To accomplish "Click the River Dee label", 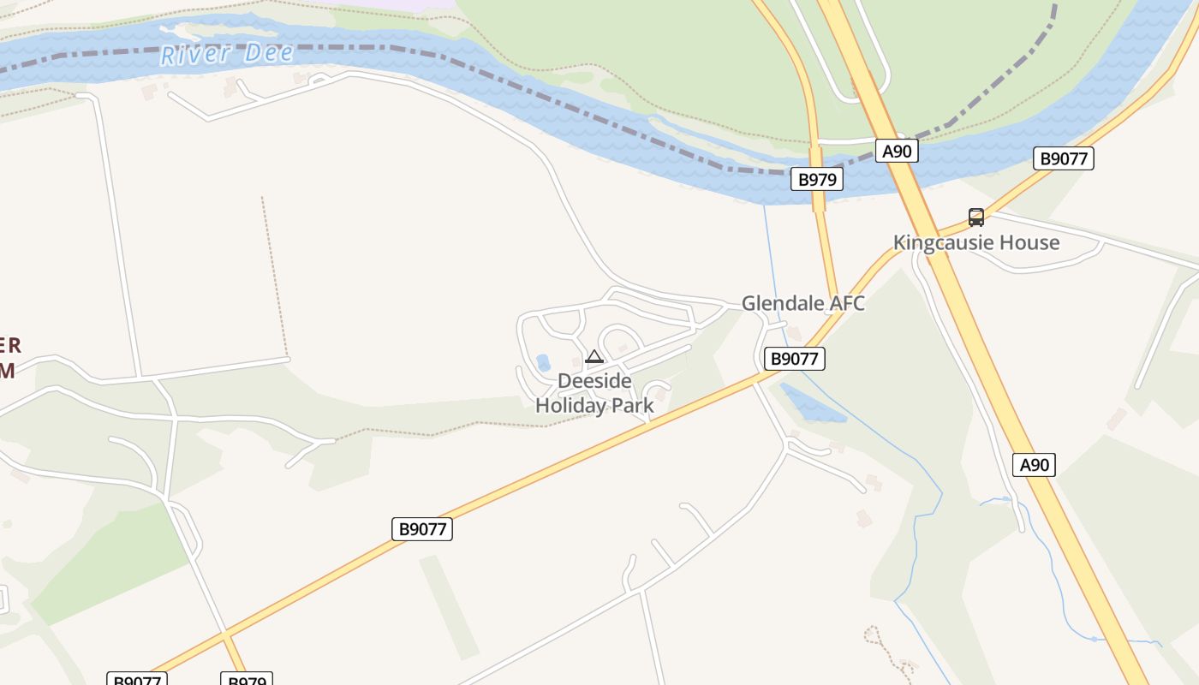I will pyautogui.click(x=227, y=54).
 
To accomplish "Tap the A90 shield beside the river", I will pyautogui.click(x=897, y=152).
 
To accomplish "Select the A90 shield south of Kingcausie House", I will pyautogui.click(x=1034, y=465).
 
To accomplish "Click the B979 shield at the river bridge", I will pyautogui.click(x=816, y=179).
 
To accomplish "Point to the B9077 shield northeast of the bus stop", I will pyautogui.click(x=1063, y=158).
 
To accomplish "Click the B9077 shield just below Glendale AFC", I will pyautogui.click(x=794, y=359).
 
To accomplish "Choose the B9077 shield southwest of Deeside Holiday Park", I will pyautogui.click(x=423, y=529).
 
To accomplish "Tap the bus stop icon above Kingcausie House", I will pyautogui.click(x=975, y=217).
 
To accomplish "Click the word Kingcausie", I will pyautogui.click(x=936, y=242).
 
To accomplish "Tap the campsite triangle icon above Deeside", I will pyautogui.click(x=594, y=356).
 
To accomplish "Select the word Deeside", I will pyautogui.click(x=594, y=381).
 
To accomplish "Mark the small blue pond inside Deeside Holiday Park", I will pyautogui.click(x=543, y=363).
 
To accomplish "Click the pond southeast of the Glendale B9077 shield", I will pyautogui.click(x=809, y=403).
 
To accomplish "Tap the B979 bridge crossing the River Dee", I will pyautogui.click(x=819, y=199).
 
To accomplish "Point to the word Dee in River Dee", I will pyautogui.click(x=269, y=53).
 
